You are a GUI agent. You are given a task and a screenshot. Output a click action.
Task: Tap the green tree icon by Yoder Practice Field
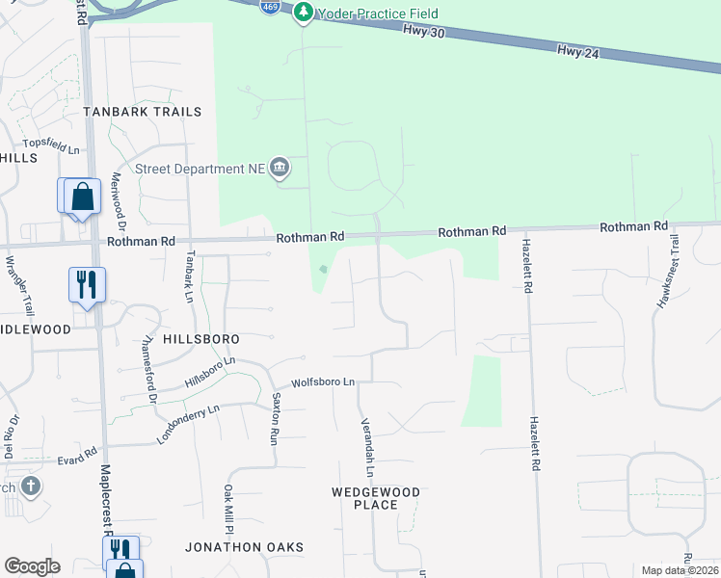click(305, 13)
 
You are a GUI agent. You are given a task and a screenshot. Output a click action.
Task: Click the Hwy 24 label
click(577, 51)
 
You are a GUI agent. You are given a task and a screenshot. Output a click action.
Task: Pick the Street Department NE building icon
click(280, 169)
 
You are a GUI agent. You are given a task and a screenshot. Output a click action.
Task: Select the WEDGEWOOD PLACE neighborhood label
click(376, 498)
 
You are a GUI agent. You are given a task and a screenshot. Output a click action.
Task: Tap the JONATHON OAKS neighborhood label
click(245, 547)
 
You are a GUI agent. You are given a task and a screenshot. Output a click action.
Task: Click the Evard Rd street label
click(77, 450)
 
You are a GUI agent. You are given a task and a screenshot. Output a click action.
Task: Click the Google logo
click(32, 566)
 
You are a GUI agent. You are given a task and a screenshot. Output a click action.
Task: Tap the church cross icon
click(30, 485)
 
